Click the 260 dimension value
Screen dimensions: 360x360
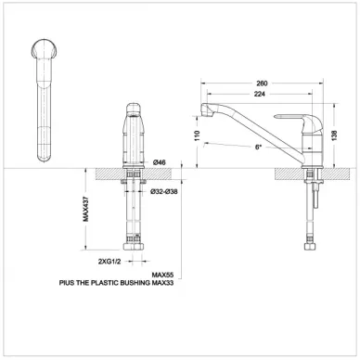click(262, 84)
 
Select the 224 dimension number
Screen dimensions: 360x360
click(260, 94)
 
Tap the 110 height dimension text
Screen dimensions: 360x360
click(198, 135)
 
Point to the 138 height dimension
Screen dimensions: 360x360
click(334, 135)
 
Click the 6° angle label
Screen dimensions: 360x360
click(259, 148)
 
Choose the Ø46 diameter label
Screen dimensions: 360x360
click(160, 162)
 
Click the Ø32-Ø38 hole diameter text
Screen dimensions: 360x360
click(164, 192)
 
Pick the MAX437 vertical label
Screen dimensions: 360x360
click(85, 209)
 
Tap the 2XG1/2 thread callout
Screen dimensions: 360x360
click(109, 262)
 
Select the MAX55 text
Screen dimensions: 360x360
click(162, 275)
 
